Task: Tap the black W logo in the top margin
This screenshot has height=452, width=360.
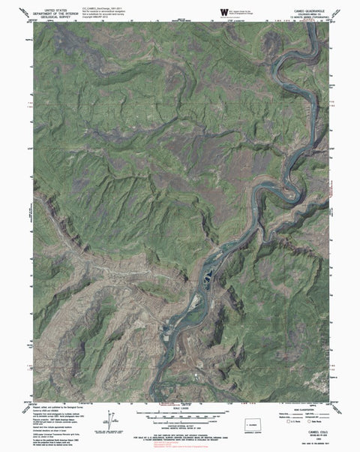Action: click(x=224, y=11)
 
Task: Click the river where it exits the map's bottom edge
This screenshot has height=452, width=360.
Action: click(x=154, y=399)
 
